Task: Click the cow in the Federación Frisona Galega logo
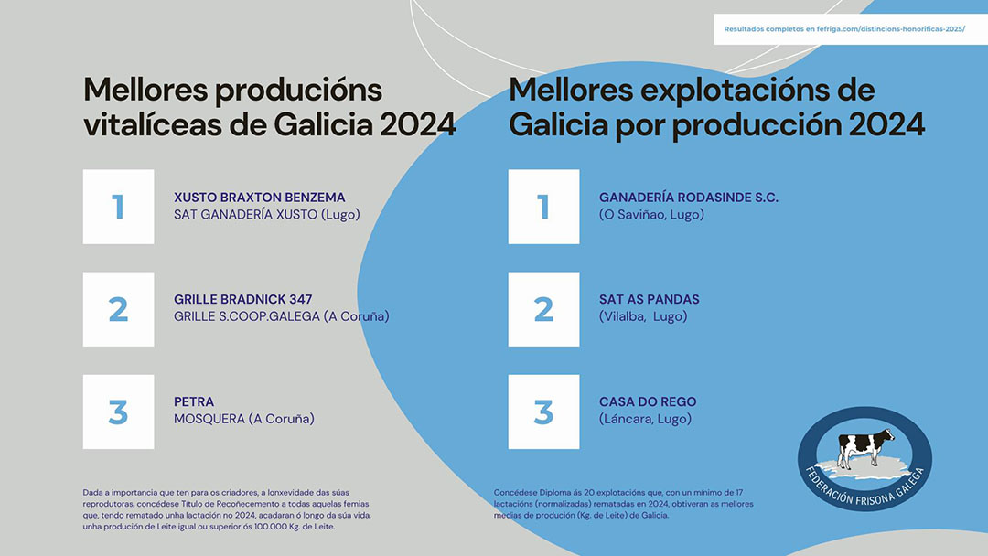[865, 447]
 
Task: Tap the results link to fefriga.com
[844, 29]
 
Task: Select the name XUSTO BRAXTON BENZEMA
[260, 198]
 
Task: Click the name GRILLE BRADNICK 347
[243, 300]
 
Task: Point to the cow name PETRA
[194, 401]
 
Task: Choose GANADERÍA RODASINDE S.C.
[689, 198]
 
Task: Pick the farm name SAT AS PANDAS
[649, 300]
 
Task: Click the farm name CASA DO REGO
[648, 401]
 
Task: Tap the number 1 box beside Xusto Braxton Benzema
[118, 207]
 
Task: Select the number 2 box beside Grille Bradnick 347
[118, 309]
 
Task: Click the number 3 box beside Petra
[118, 412]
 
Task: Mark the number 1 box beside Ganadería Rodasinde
[543, 207]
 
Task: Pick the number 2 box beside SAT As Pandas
[543, 309]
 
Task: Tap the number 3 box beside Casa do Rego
[543, 412]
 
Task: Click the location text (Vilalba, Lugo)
[643, 316]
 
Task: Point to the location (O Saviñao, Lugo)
[651, 215]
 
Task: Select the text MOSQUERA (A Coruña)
[244, 419]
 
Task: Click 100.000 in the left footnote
[268, 527]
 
